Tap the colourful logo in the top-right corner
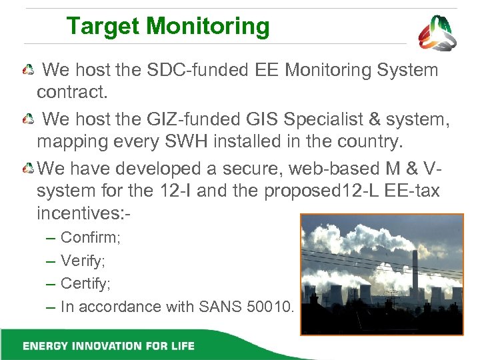pyautogui.click(x=437, y=33)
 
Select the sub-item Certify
pyautogui.click(x=86, y=283)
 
